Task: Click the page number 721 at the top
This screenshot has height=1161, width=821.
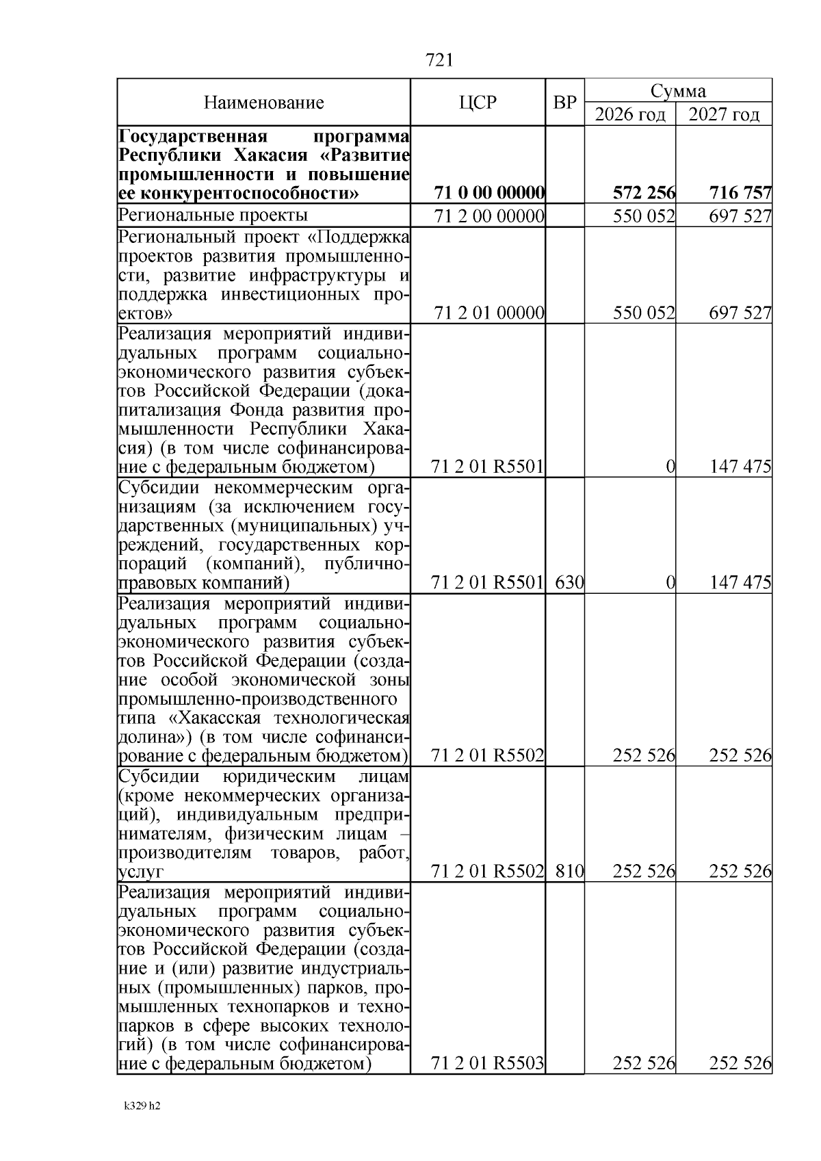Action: [x=439, y=60]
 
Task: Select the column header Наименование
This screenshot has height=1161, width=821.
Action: [x=263, y=103]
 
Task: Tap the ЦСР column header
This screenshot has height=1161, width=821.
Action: [x=478, y=103]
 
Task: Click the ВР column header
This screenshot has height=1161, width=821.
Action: [x=564, y=103]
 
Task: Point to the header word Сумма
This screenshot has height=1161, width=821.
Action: [x=678, y=91]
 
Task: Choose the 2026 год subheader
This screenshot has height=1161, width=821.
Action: [x=630, y=114]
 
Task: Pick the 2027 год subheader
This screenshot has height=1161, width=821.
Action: [x=724, y=114]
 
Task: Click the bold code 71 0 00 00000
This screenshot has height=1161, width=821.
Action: [x=490, y=194]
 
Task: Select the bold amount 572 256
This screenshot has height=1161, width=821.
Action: [x=644, y=194]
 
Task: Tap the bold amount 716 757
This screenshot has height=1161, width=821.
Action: [x=740, y=194]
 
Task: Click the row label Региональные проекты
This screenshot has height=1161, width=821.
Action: [x=213, y=216]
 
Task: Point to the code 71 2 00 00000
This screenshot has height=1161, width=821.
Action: [x=490, y=217]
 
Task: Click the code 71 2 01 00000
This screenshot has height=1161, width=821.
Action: [x=490, y=313]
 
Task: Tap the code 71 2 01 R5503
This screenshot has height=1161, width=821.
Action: [x=488, y=1063]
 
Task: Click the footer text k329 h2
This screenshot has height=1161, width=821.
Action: [x=142, y=1125]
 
